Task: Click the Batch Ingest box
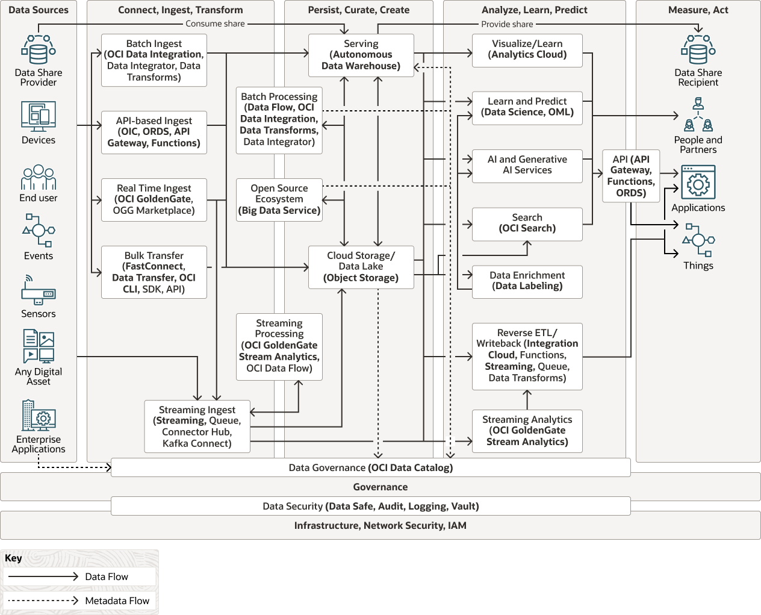click(154, 60)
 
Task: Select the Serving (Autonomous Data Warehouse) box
click(361, 55)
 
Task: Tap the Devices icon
click(39, 116)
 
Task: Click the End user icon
click(39, 177)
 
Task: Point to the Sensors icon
click(39, 291)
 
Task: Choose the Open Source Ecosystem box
click(279, 199)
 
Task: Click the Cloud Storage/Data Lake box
click(361, 267)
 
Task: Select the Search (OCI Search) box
click(527, 223)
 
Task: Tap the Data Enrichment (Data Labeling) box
click(527, 281)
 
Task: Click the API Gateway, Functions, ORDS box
click(630, 176)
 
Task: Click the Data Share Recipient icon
click(698, 50)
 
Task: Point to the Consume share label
click(215, 24)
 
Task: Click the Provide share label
click(507, 24)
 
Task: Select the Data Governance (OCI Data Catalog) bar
click(370, 467)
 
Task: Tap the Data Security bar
click(370, 506)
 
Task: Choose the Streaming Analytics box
click(527, 431)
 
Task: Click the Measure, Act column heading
click(698, 10)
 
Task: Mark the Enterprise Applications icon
click(39, 415)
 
